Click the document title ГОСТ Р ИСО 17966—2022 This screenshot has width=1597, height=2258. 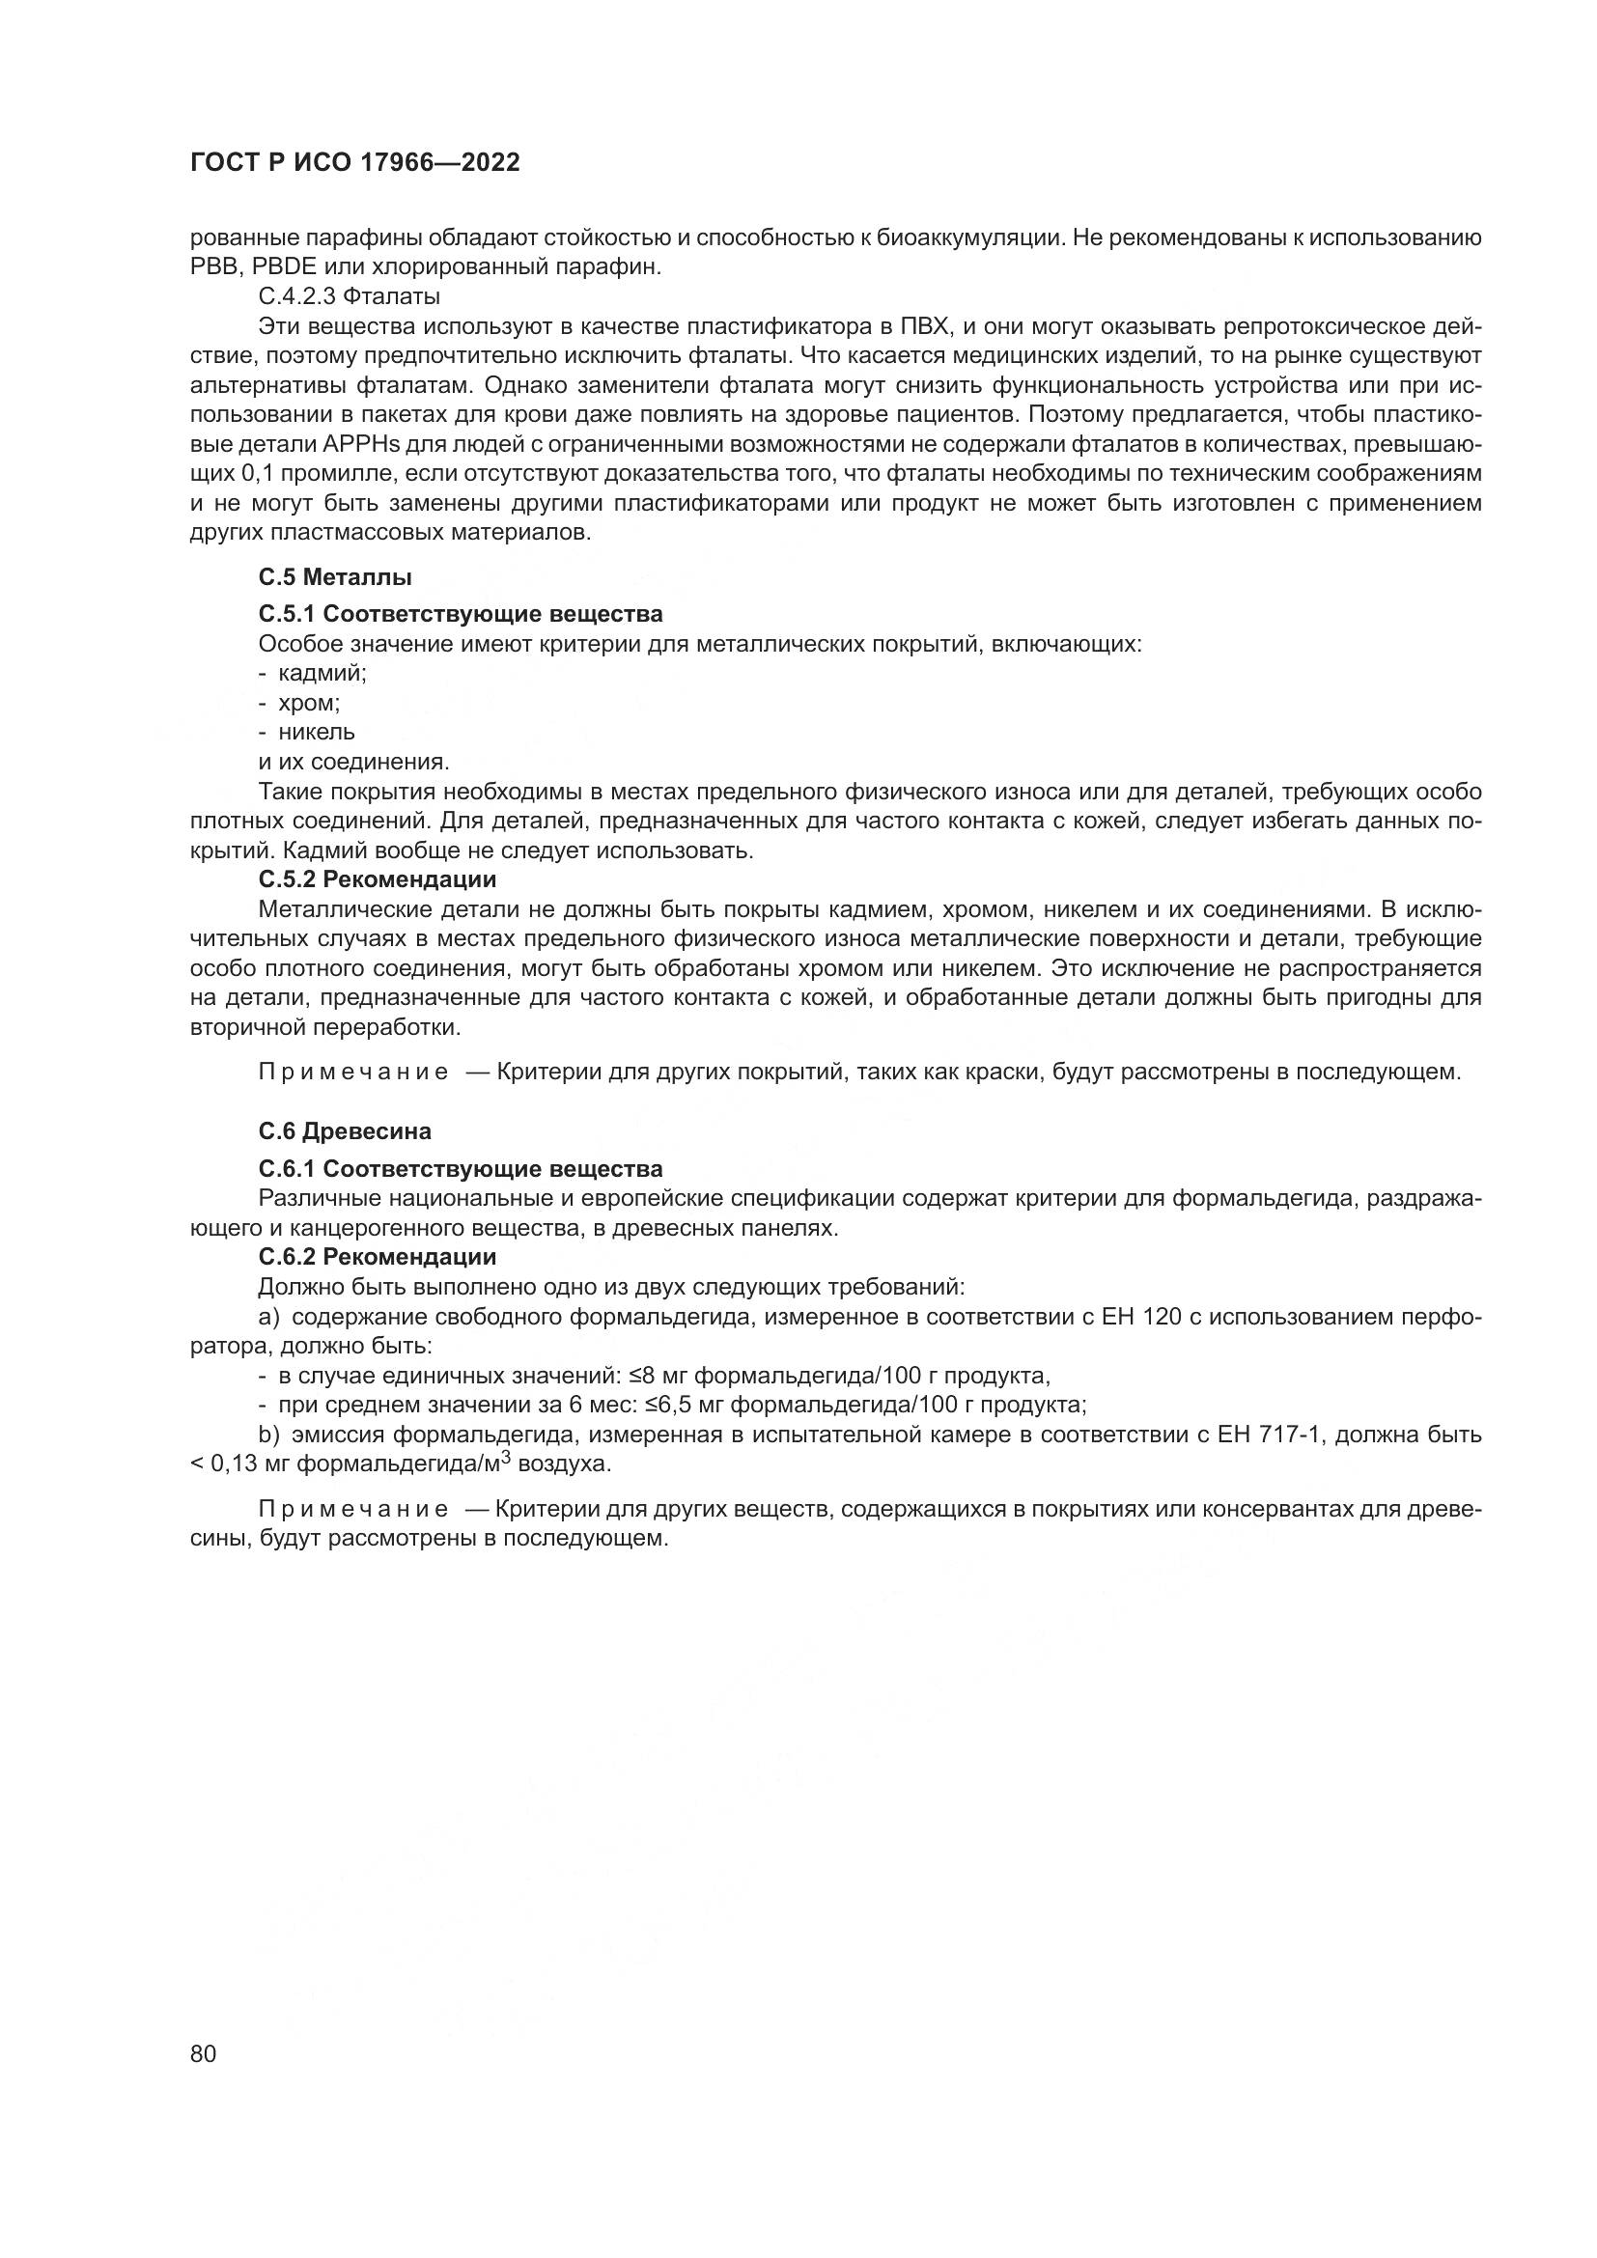pyautogui.click(x=354, y=163)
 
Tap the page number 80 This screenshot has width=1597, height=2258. pyautogui.click(x=203, y=2054)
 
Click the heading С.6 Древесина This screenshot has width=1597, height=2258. pyautogui.click(x=345, y=1131)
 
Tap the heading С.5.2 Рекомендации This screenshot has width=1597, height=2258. pyautogui.click(x=378, y=879)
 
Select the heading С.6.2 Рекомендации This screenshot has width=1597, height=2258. pyautogui.click(x=378, y=1257)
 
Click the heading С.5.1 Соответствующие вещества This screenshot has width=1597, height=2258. pyautogui.click(x=461, y=615)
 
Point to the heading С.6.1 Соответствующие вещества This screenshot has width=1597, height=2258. pyautogui.click(x=461, y=1169)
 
